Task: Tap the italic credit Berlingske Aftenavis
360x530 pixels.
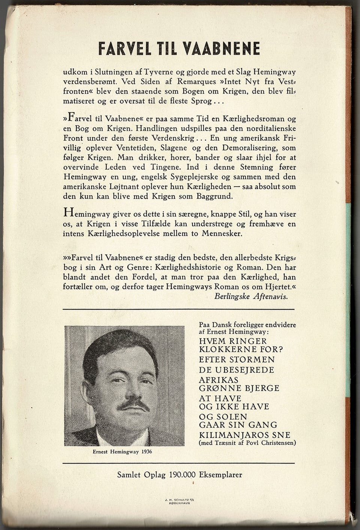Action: (251, 296)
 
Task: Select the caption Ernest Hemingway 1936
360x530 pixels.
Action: (122, 452)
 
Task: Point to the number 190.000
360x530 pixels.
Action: (183, 474)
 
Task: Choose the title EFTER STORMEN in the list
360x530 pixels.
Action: (237, 359)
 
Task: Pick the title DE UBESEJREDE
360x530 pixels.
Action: (237, 370)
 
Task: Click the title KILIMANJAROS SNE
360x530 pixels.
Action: (244, 435)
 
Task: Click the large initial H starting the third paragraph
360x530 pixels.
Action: (68, 212)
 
